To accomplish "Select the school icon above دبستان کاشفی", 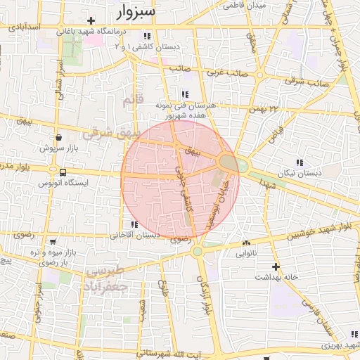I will (x=146, y=36).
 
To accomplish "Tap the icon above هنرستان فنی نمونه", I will (x=184, y=94).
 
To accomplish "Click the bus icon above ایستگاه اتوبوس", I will (x=63, y=172).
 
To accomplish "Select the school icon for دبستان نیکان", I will (x=300, y=162).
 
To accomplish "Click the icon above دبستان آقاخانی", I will (x=134, y=225).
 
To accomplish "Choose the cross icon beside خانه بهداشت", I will (x=276, y=266).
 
